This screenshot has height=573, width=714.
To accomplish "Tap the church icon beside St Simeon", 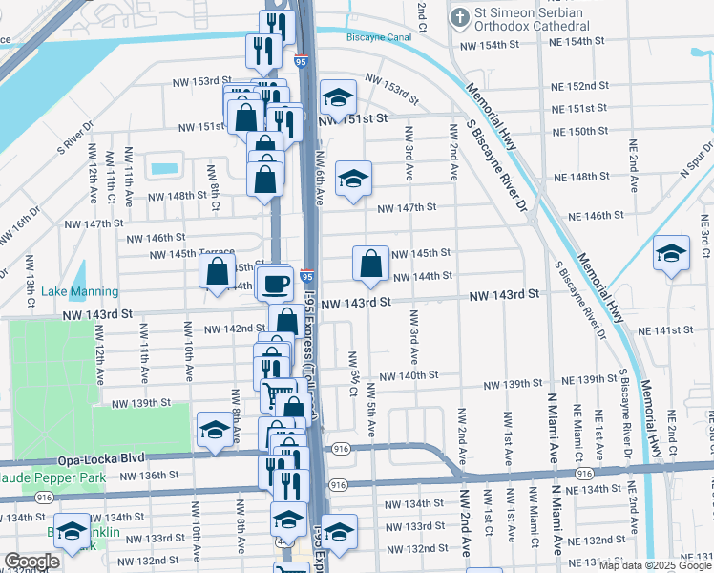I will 459,16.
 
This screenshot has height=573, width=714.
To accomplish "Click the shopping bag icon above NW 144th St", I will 369,263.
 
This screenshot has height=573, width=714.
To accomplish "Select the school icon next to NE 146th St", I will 672,253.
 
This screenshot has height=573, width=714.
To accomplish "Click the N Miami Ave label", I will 552,420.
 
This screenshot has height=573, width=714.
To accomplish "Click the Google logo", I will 31,562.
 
